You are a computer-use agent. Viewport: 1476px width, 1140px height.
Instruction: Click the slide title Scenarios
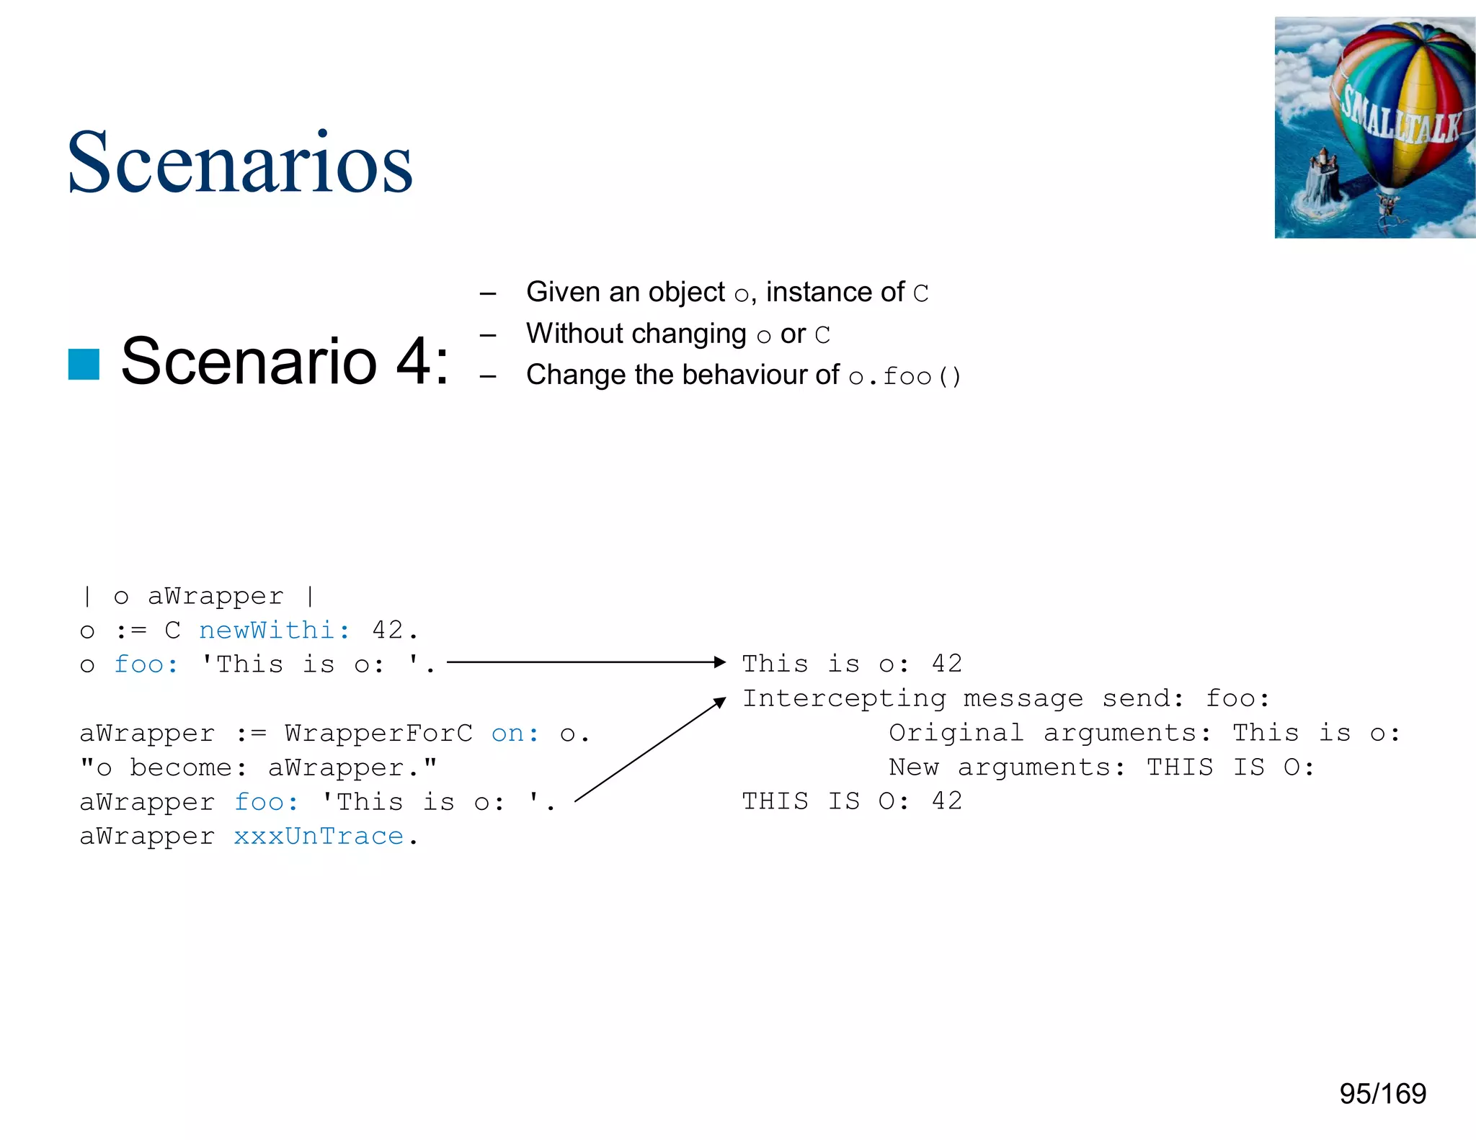coord(239,163)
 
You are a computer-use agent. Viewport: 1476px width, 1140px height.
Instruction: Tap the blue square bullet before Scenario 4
coord(84,364)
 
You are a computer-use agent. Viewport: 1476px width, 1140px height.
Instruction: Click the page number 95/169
coord(1382,1093)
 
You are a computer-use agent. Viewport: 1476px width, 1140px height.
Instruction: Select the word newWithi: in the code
coord(275,631)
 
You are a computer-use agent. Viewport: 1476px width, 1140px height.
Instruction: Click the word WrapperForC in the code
coord(378,734)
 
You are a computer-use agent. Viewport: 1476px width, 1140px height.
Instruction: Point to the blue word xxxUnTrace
coord(319,837)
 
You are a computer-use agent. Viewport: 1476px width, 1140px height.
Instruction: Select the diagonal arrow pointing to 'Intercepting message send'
coord(649,750)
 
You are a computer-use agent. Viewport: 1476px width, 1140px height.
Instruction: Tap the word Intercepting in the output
coord(844,698)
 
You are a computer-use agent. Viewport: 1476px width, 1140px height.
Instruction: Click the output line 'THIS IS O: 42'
coord(852,801)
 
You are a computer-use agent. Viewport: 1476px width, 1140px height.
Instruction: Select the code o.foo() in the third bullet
coord(904,376)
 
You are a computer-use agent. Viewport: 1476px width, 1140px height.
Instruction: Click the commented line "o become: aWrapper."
coord(259,768)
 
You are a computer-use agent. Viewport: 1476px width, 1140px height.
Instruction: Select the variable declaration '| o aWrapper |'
coord(199,597)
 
